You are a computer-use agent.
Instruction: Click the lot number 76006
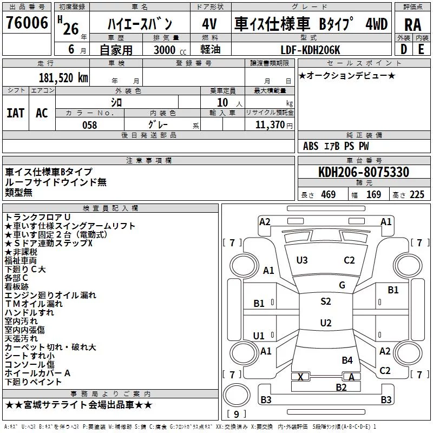point(27,22)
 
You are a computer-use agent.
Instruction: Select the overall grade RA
point(413,25)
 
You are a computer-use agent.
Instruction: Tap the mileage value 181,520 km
point(63,78)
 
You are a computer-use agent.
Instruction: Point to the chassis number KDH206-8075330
point(364,172)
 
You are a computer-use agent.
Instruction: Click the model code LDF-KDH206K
point(310,50)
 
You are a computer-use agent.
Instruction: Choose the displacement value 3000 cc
point(170,50)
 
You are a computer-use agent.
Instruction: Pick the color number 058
point(90,125)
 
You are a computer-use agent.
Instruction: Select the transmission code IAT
point(16,113)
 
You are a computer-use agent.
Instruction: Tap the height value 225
point(417,195)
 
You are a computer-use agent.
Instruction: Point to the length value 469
point(329,195)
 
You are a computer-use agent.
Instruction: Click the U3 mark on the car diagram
point(302,260)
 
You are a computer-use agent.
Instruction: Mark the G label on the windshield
point(342,285)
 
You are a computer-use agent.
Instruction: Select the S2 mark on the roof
point(326,301)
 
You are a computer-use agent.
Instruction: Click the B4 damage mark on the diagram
point(347,360)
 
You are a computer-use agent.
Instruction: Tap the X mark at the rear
point(300,377)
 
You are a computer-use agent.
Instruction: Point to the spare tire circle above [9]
point(237,395)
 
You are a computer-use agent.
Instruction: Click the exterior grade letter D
point(404,49)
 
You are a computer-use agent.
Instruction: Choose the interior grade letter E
point(421,49)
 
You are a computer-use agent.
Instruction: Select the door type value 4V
point(210,24)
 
